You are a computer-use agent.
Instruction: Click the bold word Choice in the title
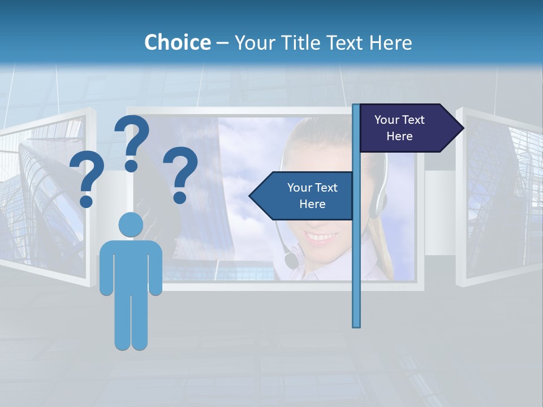(177, 42)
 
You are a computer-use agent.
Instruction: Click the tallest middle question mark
(132, 142)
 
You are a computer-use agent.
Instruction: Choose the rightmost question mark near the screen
(180, 174)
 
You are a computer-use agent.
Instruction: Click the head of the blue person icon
(131, 224)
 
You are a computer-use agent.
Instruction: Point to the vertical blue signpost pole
(356, 254)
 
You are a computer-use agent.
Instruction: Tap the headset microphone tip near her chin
(291, 261)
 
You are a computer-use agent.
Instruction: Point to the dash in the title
(222, 43)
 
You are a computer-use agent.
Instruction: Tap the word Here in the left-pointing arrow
(312, 204)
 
